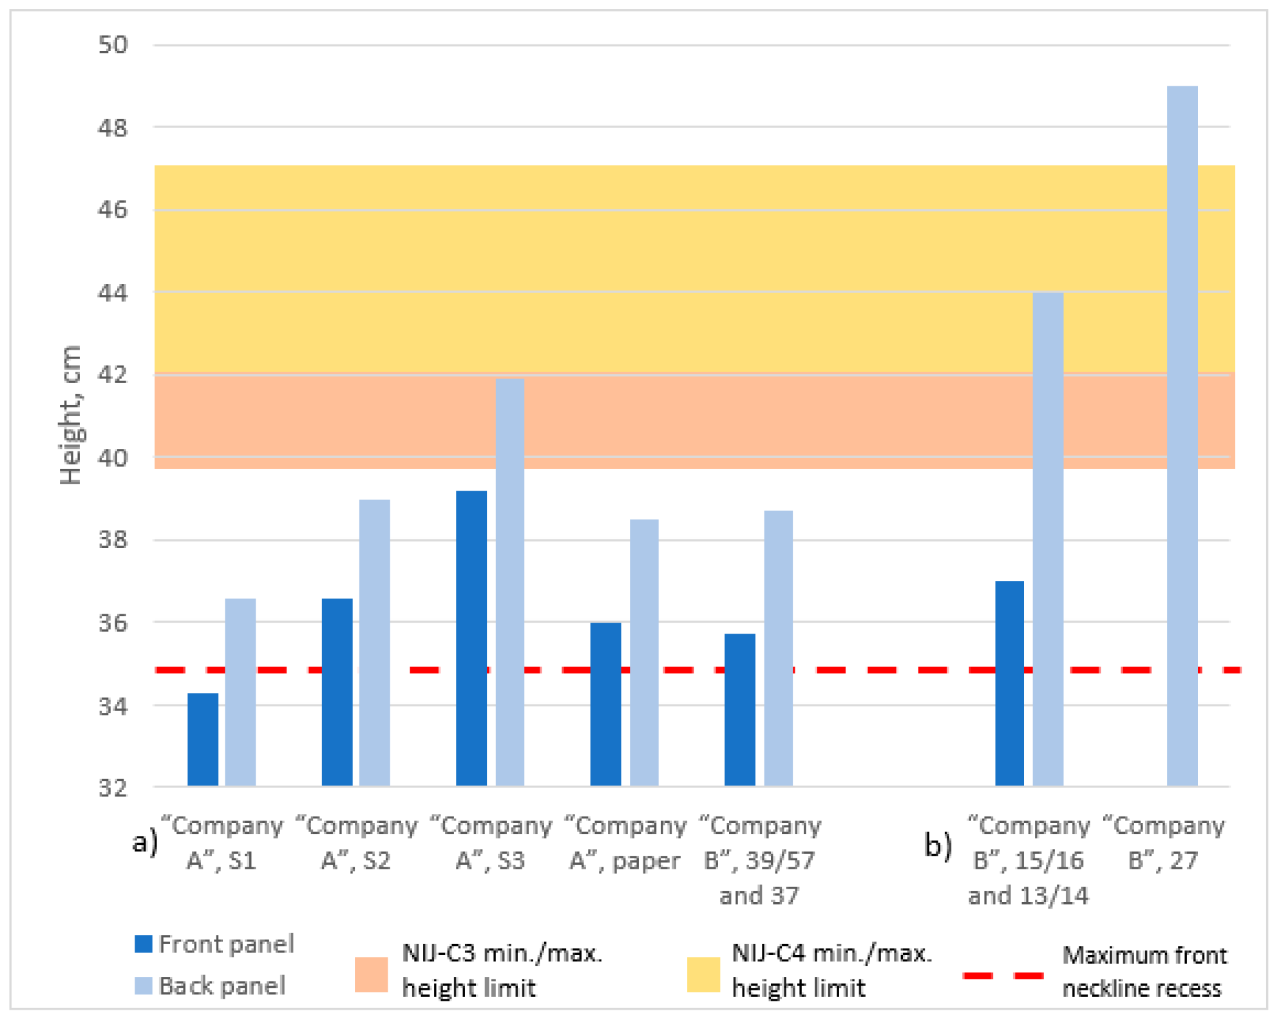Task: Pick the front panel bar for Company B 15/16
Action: [1009, 683]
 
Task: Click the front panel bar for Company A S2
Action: [337, 692]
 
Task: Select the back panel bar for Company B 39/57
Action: [778, 648]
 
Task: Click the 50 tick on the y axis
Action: [113, 45]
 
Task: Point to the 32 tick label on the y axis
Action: [113, 788]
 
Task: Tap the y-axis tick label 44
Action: [113, 293]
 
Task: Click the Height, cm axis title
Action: [70, 415]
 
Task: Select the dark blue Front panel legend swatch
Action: [144, 944]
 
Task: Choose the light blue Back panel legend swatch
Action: [144, 986]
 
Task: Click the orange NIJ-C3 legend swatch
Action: [371, 974]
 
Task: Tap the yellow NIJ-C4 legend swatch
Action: [703, 974]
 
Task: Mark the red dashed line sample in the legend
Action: [1003, 976]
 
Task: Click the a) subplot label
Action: [145, 842]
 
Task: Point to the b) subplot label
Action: [938, 844]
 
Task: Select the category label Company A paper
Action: [625, 843]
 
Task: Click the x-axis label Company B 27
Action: [1163, 843]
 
